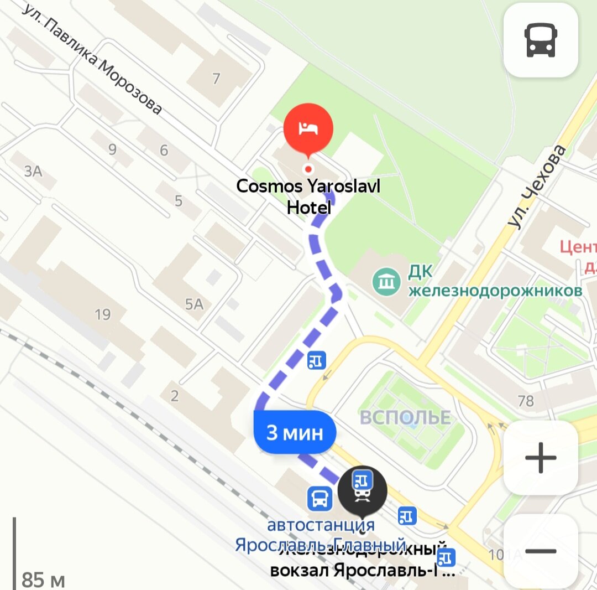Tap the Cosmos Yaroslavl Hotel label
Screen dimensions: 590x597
click(308, 196)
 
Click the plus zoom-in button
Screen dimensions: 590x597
click(540, 458)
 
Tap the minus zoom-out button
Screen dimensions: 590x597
click(540, 551)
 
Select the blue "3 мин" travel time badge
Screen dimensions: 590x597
click(295, 432)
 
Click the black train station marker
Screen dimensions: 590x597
click(362, 490)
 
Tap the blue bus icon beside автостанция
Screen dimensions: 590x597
click(320, 498)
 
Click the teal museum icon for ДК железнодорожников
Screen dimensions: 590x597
click(386, 282)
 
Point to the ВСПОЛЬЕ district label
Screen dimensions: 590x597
click(405, 418)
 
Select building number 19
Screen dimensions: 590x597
click(102, 314)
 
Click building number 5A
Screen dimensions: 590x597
click(194, 303)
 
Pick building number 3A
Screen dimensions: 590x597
click(33, 171)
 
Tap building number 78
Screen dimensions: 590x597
click(526, 400)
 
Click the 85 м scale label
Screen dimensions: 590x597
click(43, 580)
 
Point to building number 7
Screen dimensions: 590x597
click(216, 79)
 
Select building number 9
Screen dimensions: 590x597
click(113, 149)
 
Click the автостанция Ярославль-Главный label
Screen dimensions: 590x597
click(321, 535)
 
